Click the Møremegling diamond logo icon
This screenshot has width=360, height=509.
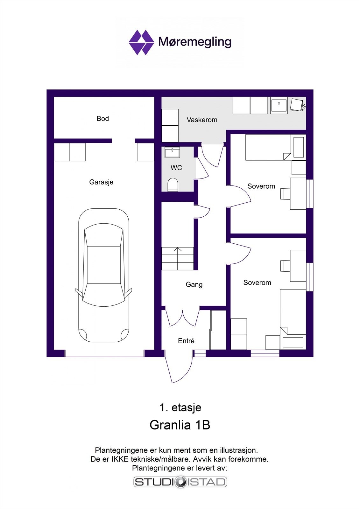141,42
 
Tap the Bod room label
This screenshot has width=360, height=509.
102,119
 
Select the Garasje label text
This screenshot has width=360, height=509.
101,182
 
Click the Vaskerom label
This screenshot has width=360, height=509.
202,120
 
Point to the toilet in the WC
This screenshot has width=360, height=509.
173,185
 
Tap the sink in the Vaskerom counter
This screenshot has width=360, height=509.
279,105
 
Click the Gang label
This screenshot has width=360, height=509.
194,284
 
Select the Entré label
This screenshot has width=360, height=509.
186,341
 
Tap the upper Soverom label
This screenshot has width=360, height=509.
261,186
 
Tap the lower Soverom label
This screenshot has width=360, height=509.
257,282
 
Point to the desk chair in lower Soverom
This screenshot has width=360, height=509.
285,266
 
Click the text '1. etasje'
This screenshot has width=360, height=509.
180,408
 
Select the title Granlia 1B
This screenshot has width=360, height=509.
180,425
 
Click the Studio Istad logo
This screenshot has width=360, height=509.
180,482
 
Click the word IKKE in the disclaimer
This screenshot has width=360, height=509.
120,459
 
